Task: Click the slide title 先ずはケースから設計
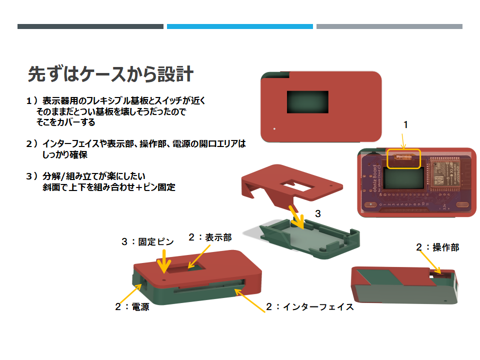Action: [x=110, y=74]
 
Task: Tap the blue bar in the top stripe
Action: [x=239, y=26]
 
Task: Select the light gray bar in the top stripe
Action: [x=389, y=26]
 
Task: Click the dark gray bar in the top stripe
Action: [x=90, y=26]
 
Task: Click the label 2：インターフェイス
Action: [x=310, y=306]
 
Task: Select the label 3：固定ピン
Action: [x=147, y=241]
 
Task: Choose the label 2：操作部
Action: [x=437, y=247]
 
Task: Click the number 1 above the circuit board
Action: [x=405, y=125]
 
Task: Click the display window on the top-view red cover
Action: [x=307, y=101]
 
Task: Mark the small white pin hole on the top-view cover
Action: [x=274, y=128]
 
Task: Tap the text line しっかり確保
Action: [x=65, y=155]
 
